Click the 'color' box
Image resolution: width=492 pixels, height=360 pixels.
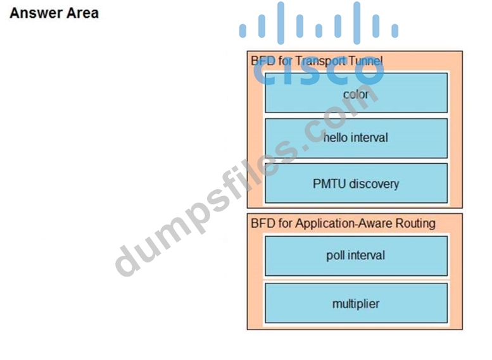(356, 93)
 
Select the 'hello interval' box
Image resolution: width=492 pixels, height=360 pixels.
(356, 138)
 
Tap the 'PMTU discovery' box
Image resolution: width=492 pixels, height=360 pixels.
(356, 183)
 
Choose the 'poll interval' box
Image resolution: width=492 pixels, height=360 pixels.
(356, 256)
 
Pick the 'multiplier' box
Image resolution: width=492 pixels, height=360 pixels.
(356, 304)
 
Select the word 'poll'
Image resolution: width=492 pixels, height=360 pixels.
(335, 256)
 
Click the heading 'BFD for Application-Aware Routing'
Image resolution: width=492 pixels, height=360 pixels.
(343, 223)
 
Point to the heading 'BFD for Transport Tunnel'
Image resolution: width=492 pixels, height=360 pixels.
(317, 61)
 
